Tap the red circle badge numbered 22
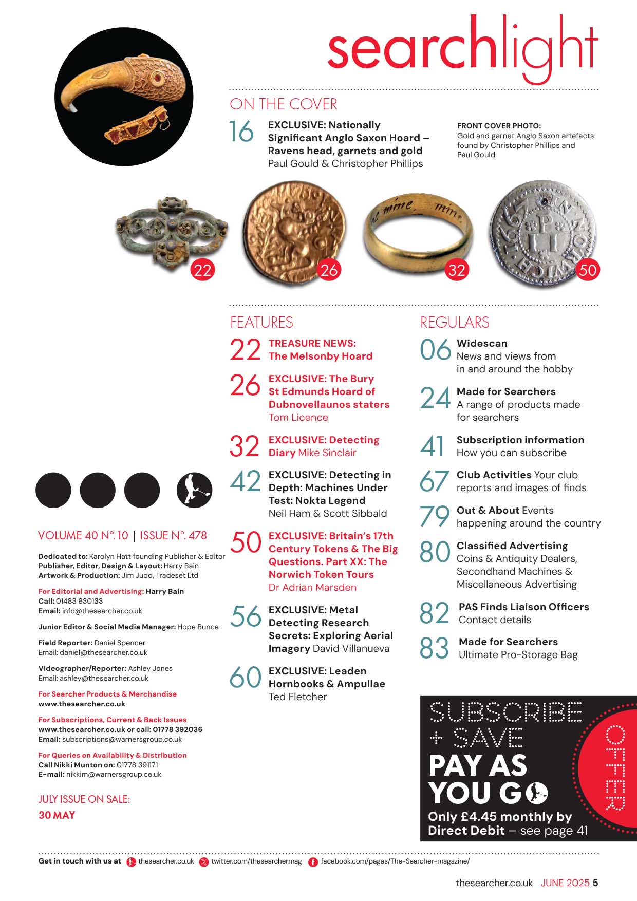pyautogui.click(x=202, y=270)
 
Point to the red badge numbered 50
pyautogui.click(x=588, y=270)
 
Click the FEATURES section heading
pyautogui.click(x=261, y=323)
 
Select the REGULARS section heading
pyautogui.click(x=455, y=323)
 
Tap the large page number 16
pyautogui.click(x=241, y=132)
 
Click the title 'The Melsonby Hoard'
pyautogui.click(x=320, y=356)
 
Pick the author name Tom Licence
pyautogui.click(x=298, y=417)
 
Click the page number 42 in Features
pyautogui.click(x=246, y=482)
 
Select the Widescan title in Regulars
pyautogui.click(x=482, y=343)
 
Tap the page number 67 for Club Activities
pyautogui.click(x=435, y=482)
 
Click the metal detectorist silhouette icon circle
pyautogui.click(x=194, y=490)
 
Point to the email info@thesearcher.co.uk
pyautogui.click(x=102, y=611)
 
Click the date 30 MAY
pyautogui.click(x=57, y=815)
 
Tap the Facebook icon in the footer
pyautogui.click(x=312, y=862)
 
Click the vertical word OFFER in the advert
pyautogui.click(x=615, y=767)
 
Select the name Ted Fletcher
pyautogui.click(x=297, y=697)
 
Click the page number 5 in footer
pyautogui.click(x=595, y=883)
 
